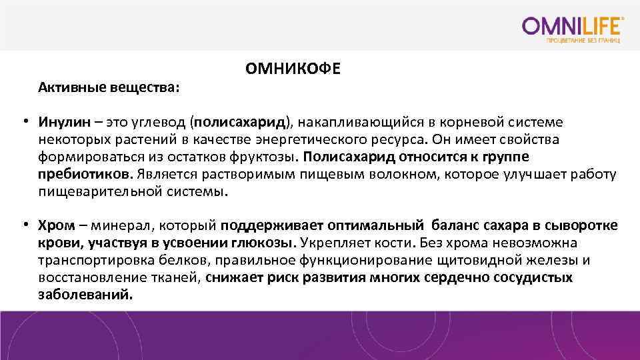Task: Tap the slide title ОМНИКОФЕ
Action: [292, 69]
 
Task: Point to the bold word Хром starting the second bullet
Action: [55, 225]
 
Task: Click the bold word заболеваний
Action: [85, 295]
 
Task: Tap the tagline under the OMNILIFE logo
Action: [583, 41]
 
